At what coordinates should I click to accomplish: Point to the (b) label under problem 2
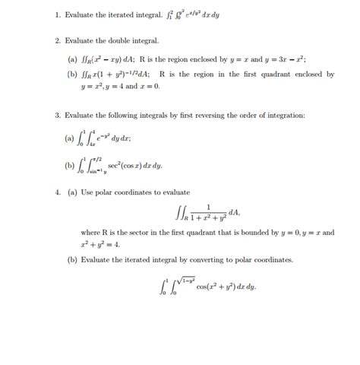pos(72,75)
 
